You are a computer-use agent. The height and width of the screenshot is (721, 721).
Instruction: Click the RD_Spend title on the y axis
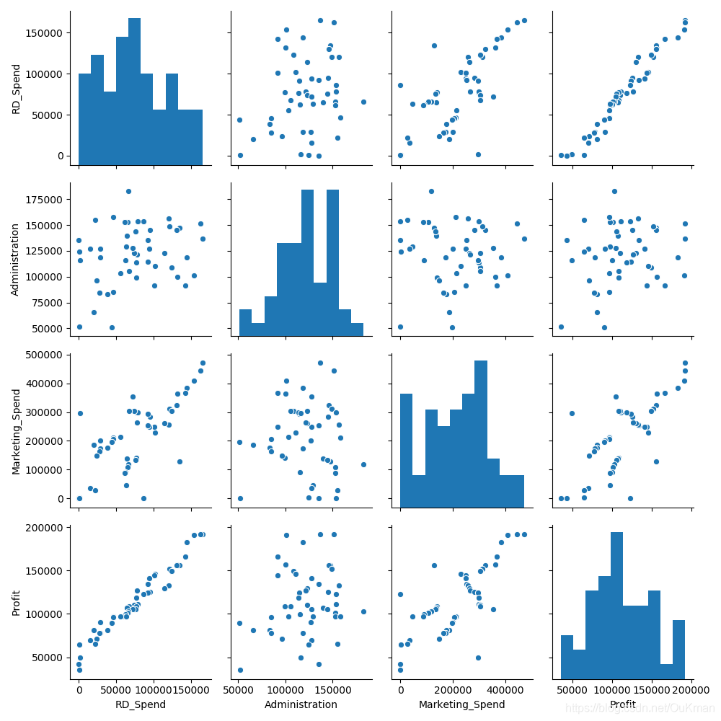[x=16, y=89]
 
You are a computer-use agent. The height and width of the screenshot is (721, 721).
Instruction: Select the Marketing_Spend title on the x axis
[x=461, y=704]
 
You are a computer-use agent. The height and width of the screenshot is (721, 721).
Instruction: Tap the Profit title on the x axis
[x=623, y=704]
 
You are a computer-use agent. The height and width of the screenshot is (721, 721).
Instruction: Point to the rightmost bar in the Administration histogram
[x=357, y=329]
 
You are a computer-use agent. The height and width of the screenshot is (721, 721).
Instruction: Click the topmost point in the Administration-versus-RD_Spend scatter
[x=128, y=191]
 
